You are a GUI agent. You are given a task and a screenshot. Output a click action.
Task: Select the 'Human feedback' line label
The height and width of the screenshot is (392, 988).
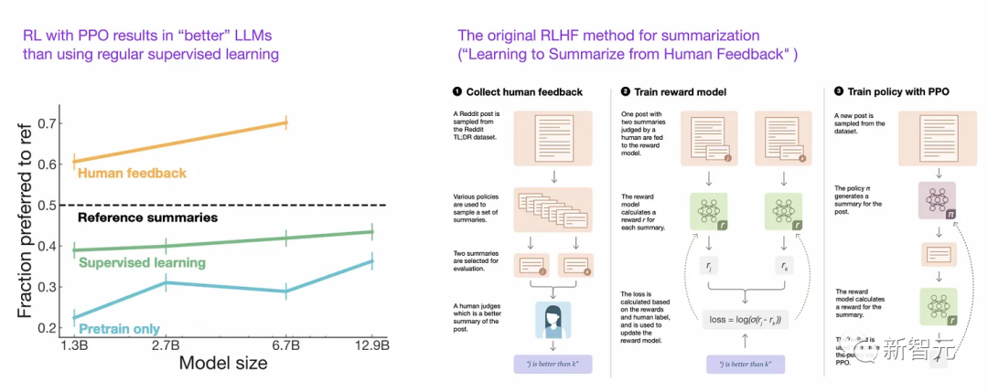click(133, 173)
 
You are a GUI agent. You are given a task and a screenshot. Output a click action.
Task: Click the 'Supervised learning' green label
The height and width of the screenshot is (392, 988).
click(141, 263)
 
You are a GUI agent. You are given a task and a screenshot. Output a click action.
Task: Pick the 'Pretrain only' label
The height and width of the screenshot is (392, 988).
click(119, 328)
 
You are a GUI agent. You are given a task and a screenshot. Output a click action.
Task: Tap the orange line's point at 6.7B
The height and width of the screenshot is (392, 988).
click(286, 122)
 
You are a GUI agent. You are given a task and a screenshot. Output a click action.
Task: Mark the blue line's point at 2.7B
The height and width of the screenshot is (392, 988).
click(166, 283)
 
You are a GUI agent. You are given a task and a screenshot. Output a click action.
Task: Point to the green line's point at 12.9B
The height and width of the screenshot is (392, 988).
click(371, 232)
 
